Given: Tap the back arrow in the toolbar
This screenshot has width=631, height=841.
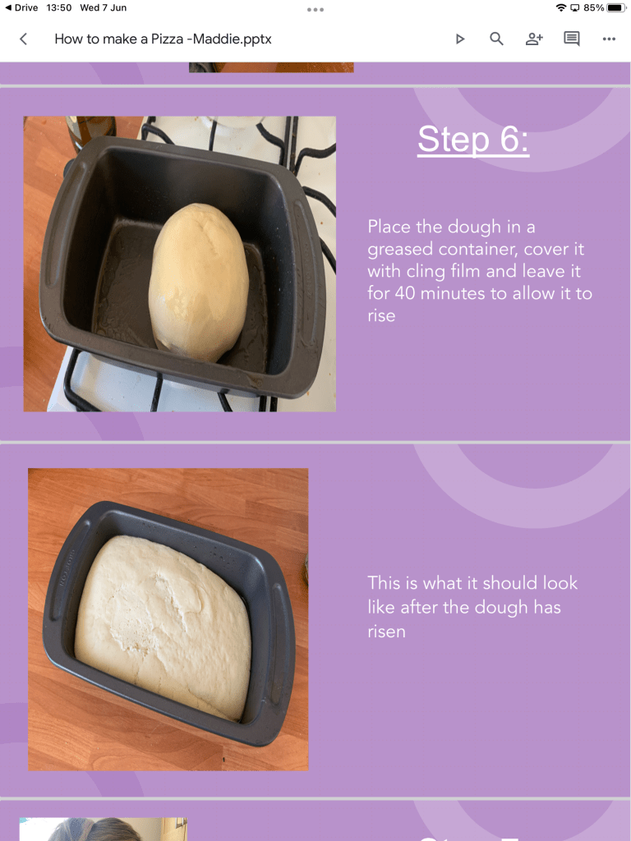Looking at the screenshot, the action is [x=23, y=39].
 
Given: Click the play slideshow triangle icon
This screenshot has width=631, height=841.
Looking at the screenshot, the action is [x=460, y=39].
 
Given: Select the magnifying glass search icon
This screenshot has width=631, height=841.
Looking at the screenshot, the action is [x=496, y=39].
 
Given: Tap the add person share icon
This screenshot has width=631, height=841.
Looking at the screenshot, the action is [x=534, y=39].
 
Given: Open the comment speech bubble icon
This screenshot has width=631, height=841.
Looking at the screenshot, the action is [x=572, y=39].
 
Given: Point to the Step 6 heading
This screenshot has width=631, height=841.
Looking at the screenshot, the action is [x=473, y=140].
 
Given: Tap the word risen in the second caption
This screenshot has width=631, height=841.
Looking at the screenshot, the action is [x=386, y=632].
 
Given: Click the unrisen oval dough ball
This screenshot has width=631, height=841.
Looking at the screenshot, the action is [x=197, y=283].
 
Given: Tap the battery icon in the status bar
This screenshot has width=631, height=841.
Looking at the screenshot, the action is [x=616, y=7].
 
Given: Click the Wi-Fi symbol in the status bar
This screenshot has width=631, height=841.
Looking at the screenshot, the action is [x=561, y=7].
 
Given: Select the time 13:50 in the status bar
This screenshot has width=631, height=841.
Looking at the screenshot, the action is [x=59, y=7].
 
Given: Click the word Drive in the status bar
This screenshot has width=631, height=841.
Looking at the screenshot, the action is [x=26, y=7].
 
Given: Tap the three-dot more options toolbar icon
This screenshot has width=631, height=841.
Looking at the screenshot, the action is [x=609, y=39].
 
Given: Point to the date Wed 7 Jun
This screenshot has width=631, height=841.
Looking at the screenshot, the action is [x=103, y=7].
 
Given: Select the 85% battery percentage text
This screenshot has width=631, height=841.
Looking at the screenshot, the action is [x=593, y=7].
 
